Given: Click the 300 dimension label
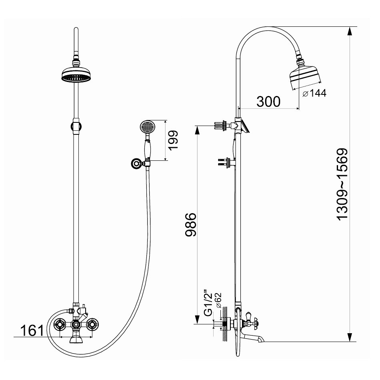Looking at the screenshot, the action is point(268,102).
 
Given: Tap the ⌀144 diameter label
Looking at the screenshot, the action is point(314,93).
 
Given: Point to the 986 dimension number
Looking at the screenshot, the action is point(190,224).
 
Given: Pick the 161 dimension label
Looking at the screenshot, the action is point(32,330).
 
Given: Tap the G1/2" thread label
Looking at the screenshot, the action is point(208,303).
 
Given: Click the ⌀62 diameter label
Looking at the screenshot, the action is point(218,300).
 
